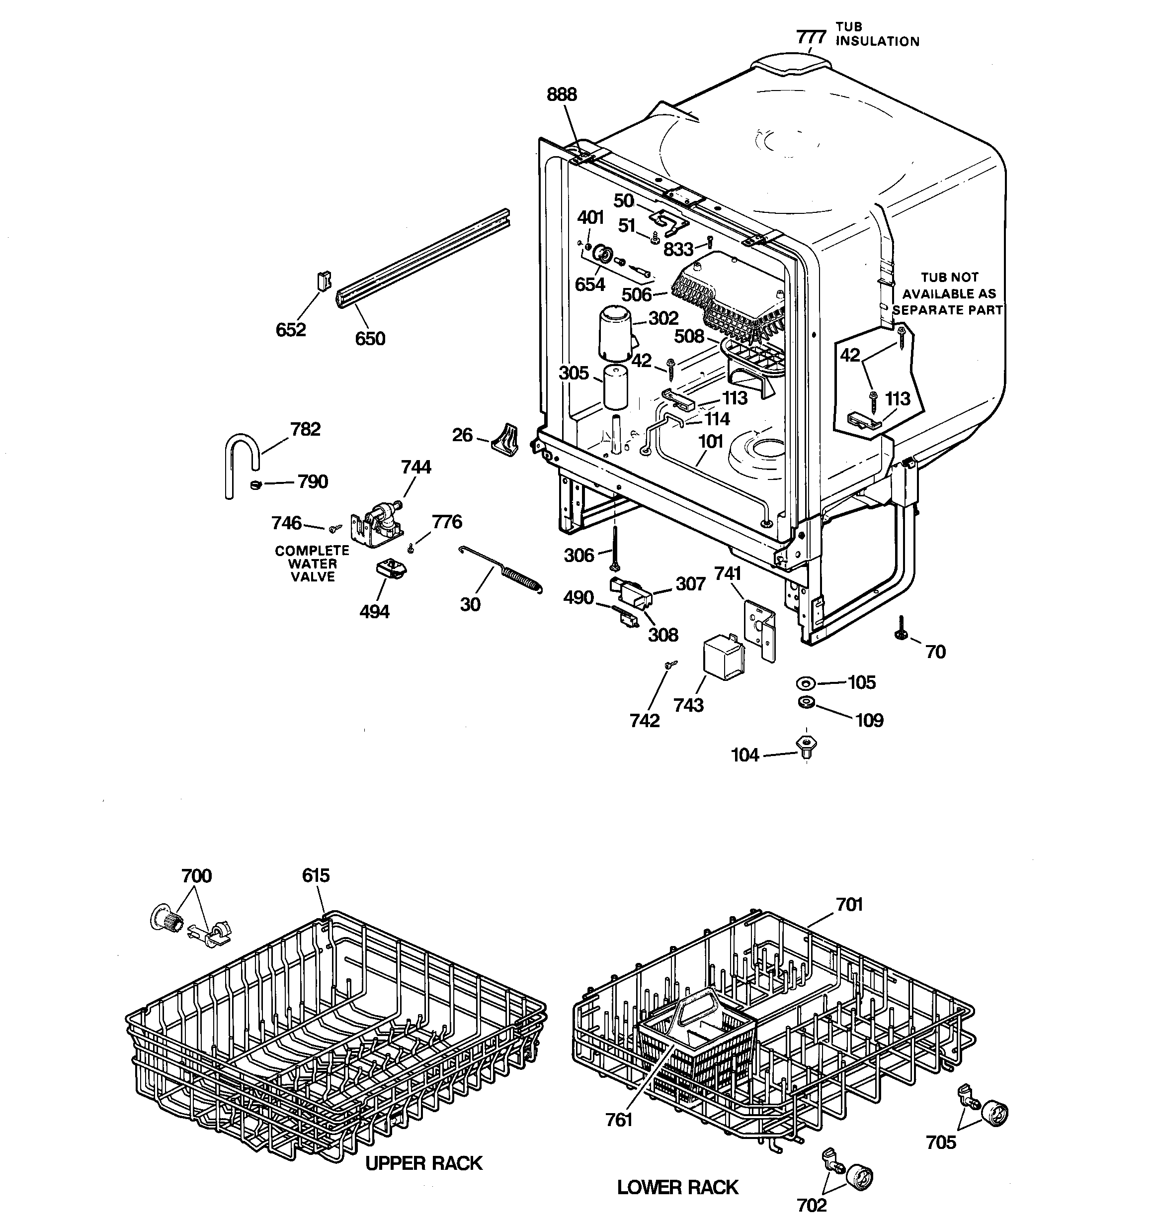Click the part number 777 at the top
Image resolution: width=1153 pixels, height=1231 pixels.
[811, 37]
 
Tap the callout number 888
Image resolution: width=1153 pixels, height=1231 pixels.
[561, 95]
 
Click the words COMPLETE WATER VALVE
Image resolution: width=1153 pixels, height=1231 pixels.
[312, 564]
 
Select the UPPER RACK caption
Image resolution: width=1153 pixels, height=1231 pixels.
[423, 1163]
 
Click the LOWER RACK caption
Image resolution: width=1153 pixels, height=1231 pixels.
[678, 1187]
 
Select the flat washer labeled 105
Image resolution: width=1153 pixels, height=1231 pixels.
[805, 683]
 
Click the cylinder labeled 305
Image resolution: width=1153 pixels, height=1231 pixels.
[615, 387]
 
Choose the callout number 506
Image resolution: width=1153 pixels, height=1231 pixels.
[636, 295]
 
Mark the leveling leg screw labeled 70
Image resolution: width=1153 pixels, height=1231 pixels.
[901, 631]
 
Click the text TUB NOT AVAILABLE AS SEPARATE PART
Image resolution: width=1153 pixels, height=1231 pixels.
[948, 294]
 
